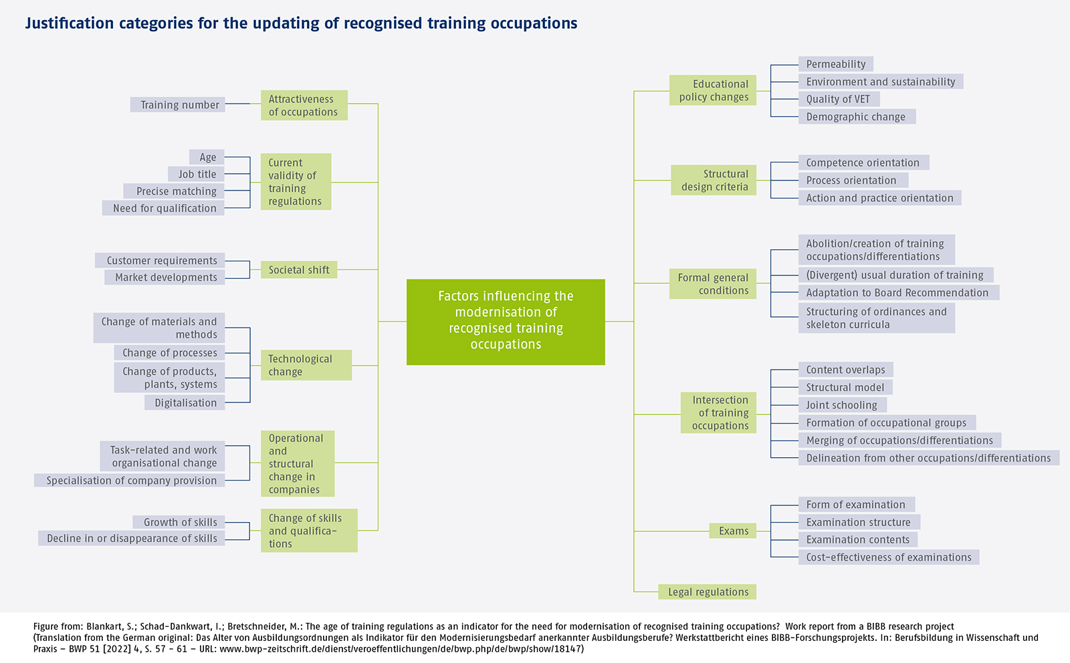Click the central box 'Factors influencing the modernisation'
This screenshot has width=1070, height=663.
(506, 321)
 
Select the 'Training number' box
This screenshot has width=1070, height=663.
(178, 105)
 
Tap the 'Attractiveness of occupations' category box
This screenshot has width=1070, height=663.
(304, 106)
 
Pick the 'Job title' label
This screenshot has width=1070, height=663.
(197, 174)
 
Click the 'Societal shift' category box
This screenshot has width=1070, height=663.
(299, 270)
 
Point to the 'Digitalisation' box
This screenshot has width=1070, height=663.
(185, 402)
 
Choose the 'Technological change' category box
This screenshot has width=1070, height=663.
(306, 365)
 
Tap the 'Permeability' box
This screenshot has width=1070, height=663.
(835, 64)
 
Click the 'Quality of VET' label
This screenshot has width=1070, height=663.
(838, 99)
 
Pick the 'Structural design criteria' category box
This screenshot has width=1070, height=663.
(714, 180)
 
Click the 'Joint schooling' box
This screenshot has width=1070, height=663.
(842, 405)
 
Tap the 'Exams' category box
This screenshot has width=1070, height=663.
(733, 531)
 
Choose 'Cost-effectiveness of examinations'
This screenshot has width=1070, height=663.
(888, 557)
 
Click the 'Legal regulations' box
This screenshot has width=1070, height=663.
(708, 591)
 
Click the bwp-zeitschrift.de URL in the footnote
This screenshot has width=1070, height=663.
(401, 648)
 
